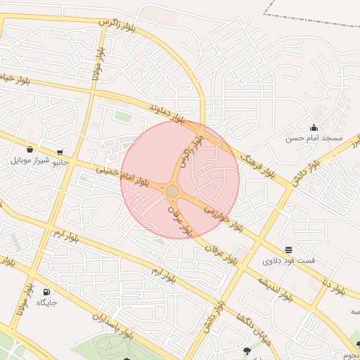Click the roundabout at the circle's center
click(172, 191)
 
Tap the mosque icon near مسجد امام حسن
click(314, 127)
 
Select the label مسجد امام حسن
click(314, 139)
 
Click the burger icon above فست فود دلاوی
click(289, 250)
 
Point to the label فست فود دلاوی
click(289, 261)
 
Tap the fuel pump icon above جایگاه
click(46, 292)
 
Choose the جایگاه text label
click(46, 303)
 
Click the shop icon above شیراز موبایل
click(30, 149)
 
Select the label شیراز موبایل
click(30, 160)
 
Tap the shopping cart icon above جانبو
click(60, 151)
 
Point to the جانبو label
click(61, 162)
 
